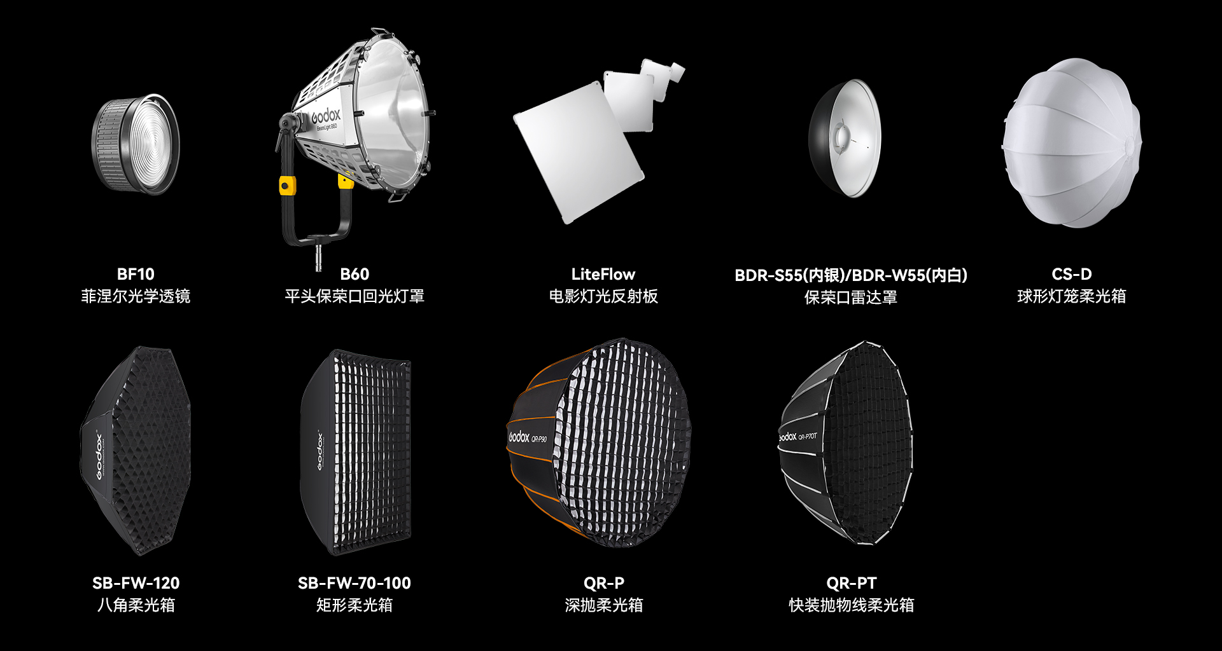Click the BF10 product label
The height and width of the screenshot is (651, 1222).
pyautogui.click(x=136, y=274)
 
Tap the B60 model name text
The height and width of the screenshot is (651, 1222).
pyautogui.click(x=355, y=274)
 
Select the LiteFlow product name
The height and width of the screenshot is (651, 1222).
pyautogui.click(x=603, y=274)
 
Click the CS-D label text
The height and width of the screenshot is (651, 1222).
pyautogui.click(x=1072, y=274)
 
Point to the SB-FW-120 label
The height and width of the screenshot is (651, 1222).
pyautogui.click(x=136, y=583)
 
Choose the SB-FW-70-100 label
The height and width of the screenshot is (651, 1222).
pyautogui.click(x=355, y=583)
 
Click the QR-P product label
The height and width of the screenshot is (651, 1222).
pyautogui.click(x=604, y=583)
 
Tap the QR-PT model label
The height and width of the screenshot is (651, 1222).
pyautogui.click(x=852, y=583)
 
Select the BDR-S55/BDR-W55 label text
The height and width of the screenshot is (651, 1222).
pyautogui.click(x=851, y=275)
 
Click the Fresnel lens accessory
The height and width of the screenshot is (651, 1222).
pyautogui.click(x=136, y=144)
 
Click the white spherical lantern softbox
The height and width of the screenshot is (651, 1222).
pyautogui.click(x=1072, y=143)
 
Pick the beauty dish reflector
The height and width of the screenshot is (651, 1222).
pyautogui.click(x=845, y=138)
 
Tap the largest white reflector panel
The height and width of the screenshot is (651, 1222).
pyautogui.click(x=578, y=153)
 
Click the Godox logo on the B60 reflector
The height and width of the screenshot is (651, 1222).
pyautogui.click(x=326, y=116)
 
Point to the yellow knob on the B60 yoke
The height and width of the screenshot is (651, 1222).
pyautogui.click(x=287, y=186)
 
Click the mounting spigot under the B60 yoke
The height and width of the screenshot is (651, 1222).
pyautogui.click(x=318, y=256)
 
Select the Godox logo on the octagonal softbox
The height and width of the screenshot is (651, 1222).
pyautogui.click(x=99, y=456)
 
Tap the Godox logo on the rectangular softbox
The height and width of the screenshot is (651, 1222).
pyautogui.click(x=320, y=451)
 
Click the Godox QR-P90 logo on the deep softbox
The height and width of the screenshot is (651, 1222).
pyautogui.click(x=528, y=437)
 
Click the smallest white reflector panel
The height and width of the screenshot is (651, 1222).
pyautogui.click(x=677, y=72)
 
